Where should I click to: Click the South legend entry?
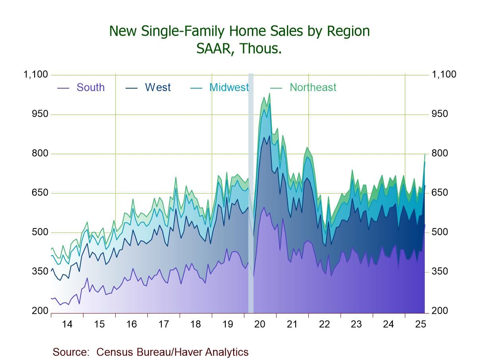click(x=90, y=87)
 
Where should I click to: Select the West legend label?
click(x=157, y=87)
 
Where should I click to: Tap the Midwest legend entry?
click(x=229, y=87)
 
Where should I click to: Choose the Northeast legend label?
click(x=313, y=87)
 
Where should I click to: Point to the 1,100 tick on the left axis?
click(x=36, y=75)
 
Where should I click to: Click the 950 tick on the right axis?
click(x=439, y=114)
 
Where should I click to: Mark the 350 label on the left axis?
click(x=40, y=272)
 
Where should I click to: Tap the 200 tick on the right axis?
click(x=439, y=311)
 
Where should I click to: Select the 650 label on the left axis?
click(x=40, y=193)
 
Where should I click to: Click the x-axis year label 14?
click(x=67, y=324)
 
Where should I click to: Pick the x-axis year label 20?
click(x=260, y=324)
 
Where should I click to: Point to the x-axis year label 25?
click(x=420, y=324)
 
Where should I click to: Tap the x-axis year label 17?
click(x=163, y=324)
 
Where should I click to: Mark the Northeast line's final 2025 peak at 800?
click(x=425, y=154)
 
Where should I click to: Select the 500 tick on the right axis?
click(x=439, y=232)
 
